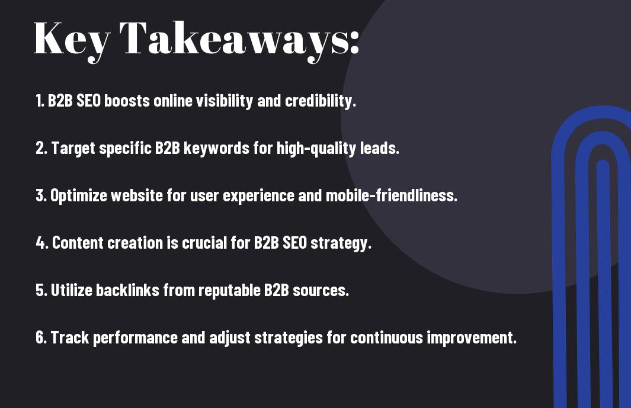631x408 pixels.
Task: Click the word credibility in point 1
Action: [x=321, y=101]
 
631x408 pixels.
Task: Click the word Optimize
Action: [x=79, y=195]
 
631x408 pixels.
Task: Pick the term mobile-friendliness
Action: [x=391, y=195]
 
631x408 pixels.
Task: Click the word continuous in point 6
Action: [x=386, y=337]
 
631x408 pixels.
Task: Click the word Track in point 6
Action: [x=70, y=337]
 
